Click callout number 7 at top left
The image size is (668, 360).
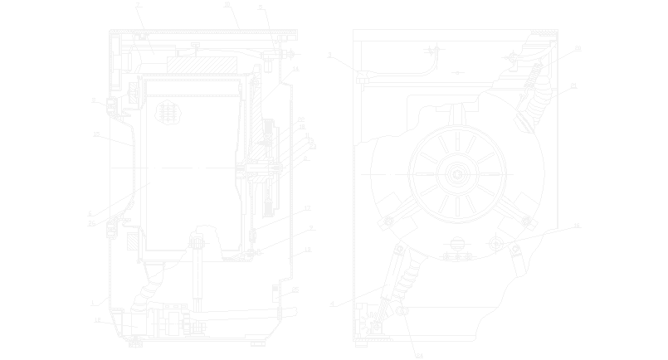[138, 6]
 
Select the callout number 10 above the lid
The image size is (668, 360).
[227, 4]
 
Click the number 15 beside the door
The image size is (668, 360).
[96, 133]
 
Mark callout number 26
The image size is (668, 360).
[92, 223]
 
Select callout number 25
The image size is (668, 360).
[295, 290]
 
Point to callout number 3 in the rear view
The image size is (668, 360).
[330, 56]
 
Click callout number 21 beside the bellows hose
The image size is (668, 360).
[573, 86]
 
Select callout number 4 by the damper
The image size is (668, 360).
[331, 304]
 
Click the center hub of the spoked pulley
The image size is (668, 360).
[457, 173]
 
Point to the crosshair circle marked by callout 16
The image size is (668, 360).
[495, 243]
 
